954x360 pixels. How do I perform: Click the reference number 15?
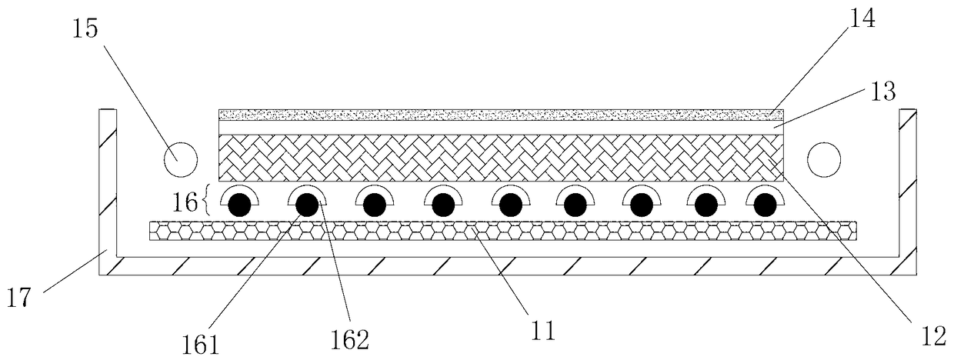[85, 29]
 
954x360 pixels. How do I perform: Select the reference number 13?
[883, 92]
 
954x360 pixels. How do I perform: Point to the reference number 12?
[933, 336]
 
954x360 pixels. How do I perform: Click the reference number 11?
[543, 330]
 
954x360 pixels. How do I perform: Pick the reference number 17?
[19, 297]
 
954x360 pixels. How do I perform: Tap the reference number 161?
[200, 345]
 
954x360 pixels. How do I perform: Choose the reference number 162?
[350, 339]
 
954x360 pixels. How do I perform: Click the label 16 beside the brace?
[185, 202]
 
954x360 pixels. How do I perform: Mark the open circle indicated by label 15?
[181, 159]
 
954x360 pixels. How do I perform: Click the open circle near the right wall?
[824, 159]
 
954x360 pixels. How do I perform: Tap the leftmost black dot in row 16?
[240, 205]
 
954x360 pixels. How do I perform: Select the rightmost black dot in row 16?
[765, 205]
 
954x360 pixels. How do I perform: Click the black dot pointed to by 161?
[307, 205]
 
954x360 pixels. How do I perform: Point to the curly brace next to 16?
[206, 200]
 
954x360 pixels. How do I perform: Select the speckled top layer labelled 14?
[501, 115]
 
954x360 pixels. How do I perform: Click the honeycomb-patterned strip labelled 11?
[503, 231]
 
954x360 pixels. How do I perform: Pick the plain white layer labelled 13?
[501, 128]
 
